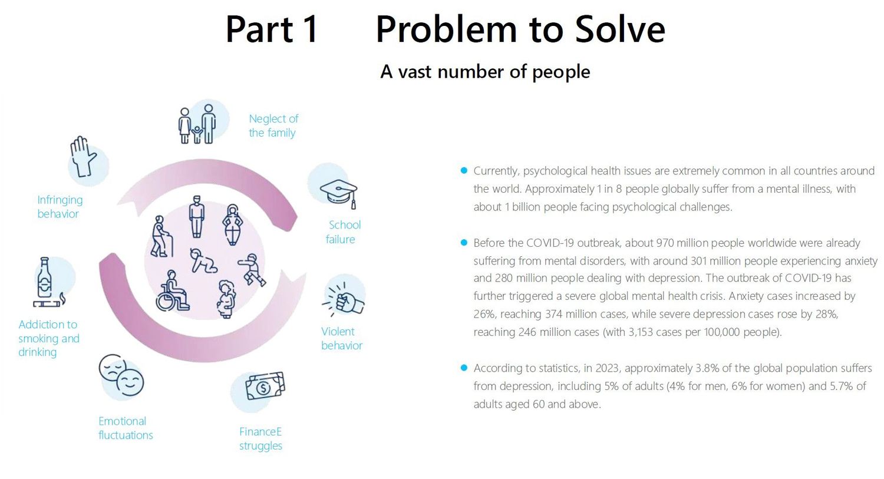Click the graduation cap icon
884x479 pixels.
[x=339, y=192]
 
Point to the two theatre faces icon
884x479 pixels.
[x=121, y=375]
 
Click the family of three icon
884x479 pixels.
[x=197, y=124]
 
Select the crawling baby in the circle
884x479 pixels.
[x=203, y=260]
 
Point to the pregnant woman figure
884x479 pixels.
[x=226, y=299]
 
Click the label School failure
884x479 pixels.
[x=343, y=232]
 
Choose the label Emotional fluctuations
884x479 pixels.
[x=125, y=428]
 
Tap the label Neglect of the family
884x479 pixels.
[x=273, y=126]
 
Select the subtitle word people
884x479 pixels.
[x=560, y=72]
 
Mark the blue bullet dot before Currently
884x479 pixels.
[x=464, y=171]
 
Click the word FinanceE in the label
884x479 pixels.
[x=260, y=432]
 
